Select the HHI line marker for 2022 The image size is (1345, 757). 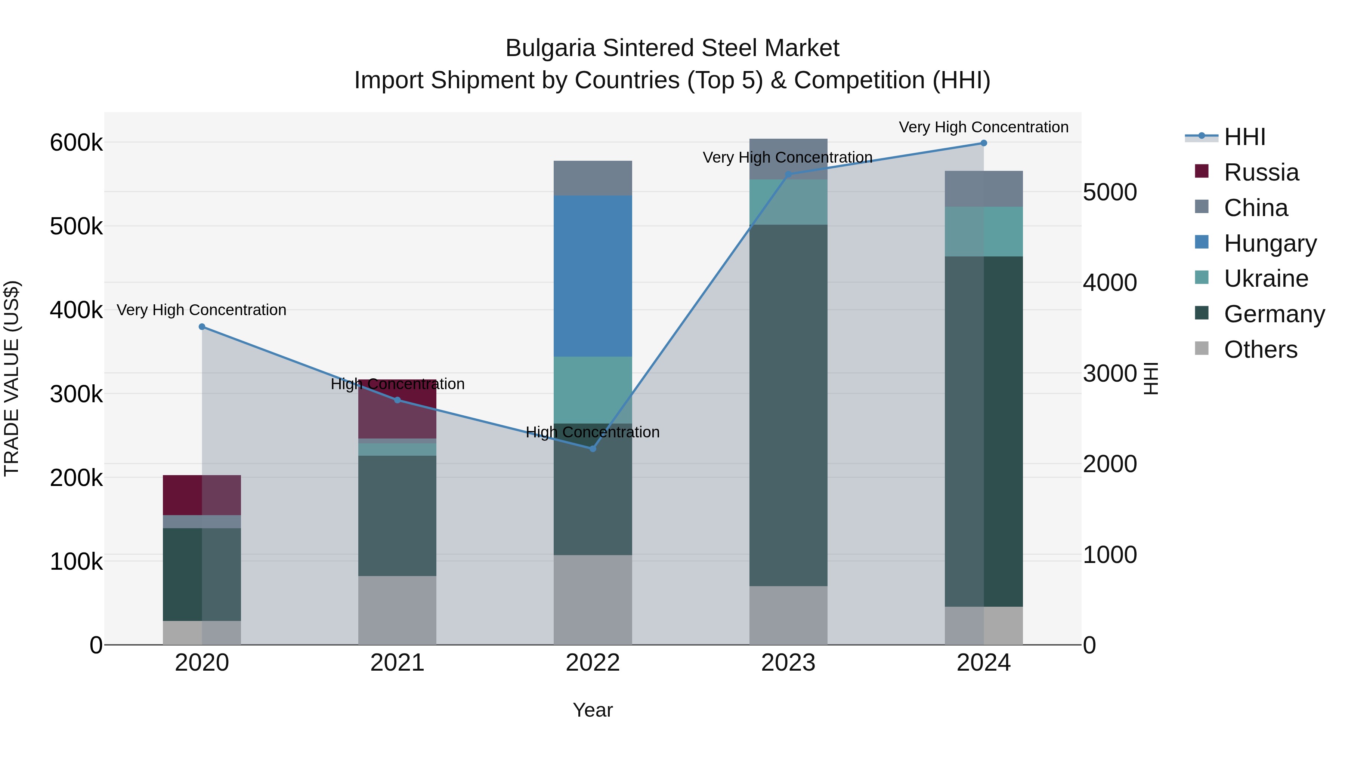tap(593, 449)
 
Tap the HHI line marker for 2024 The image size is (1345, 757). tap(984, 143)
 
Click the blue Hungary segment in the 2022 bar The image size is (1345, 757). tap(593, 276)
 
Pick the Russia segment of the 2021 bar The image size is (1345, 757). tap(398, 409)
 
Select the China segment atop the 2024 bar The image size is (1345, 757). tap(984, 189)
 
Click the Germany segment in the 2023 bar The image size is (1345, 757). tap(788, 405)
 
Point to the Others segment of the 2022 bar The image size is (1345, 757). tap(593, 600)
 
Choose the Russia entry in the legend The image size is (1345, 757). tap(1261, 172)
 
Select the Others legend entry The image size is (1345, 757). tap(1259, 350)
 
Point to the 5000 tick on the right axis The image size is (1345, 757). tap(1110, 192)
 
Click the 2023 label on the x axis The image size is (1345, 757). tap(788, 663)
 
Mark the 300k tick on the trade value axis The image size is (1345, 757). tap(76, 394)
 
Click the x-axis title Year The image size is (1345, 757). tap(593, 710)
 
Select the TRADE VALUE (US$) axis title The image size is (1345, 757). tap(12, 378)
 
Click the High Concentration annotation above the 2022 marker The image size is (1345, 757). tap(593, 432)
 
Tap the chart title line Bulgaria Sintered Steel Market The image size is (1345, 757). tap(672, 48)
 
